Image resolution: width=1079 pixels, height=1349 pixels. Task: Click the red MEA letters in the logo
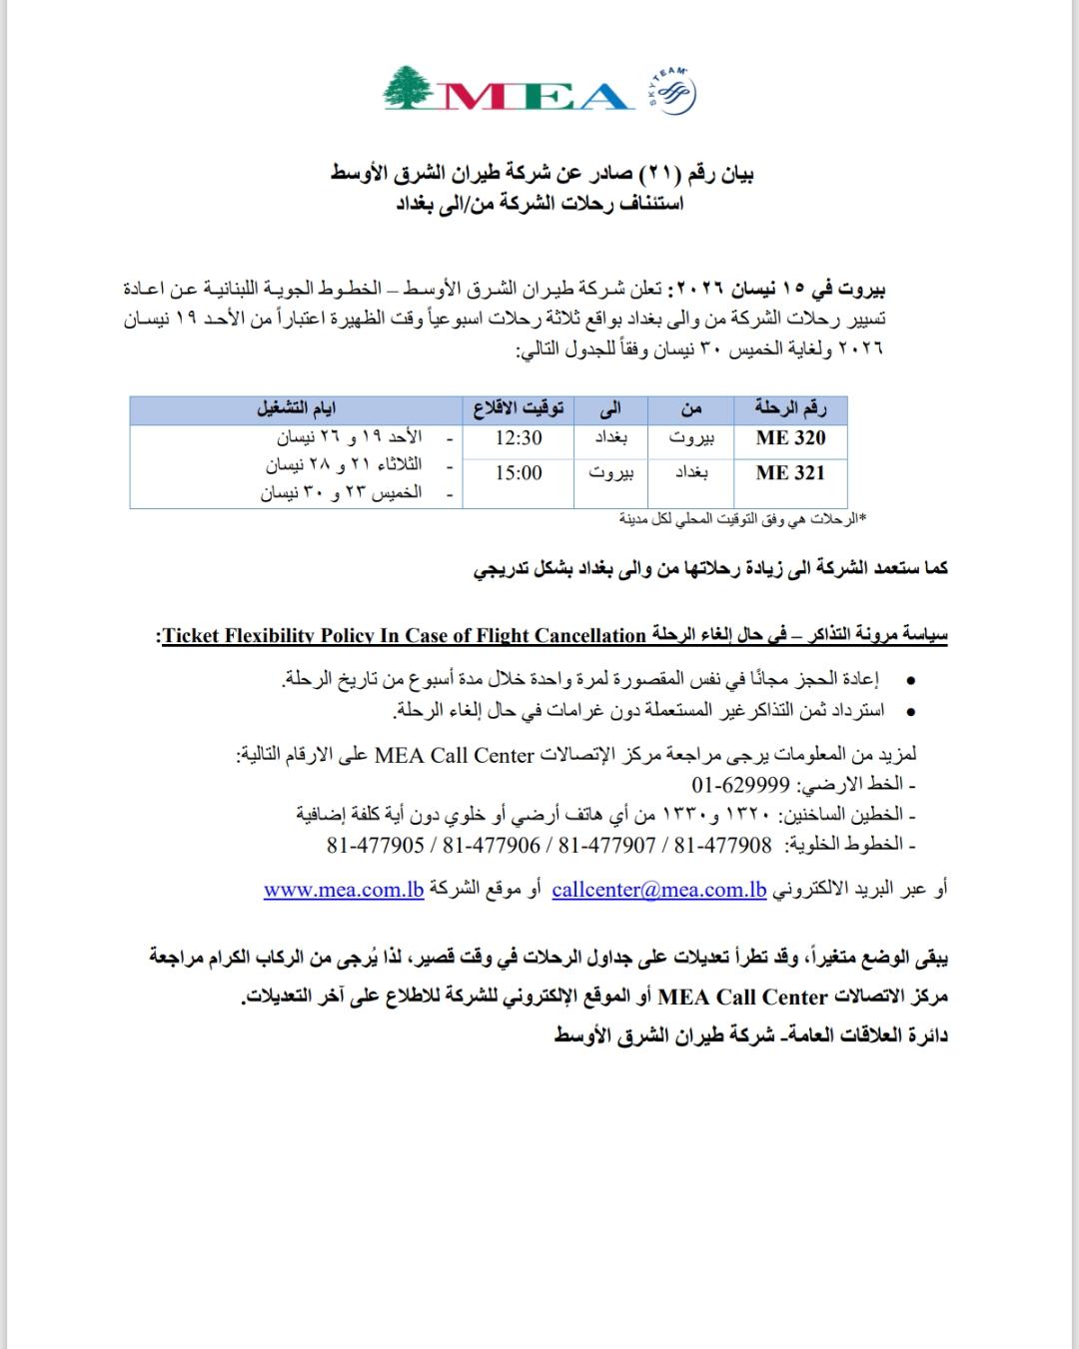(535, 96)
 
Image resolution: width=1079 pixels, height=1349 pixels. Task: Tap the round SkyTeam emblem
(674, 92)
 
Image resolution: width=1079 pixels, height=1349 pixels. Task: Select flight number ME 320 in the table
(790, 437)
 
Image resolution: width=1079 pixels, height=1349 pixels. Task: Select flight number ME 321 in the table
(790, 473)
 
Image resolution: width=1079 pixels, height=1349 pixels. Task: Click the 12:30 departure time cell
(519, 437)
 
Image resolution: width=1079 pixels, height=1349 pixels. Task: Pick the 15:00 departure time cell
(519, 473)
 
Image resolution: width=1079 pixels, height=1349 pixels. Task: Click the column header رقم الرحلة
(790, 407)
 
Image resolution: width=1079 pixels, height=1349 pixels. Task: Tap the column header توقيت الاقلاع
(519, 407)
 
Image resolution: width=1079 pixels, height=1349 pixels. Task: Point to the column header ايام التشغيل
(297, 407)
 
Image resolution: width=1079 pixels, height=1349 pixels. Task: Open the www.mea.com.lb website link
(344, 890)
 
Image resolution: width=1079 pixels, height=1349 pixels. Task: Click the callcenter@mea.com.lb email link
(658, 890)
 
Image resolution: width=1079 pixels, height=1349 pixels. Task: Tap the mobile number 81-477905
(376, 845)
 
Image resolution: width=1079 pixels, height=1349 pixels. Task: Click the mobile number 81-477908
(722, 845)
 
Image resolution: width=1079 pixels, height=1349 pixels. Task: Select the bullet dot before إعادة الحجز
(909, 680)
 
